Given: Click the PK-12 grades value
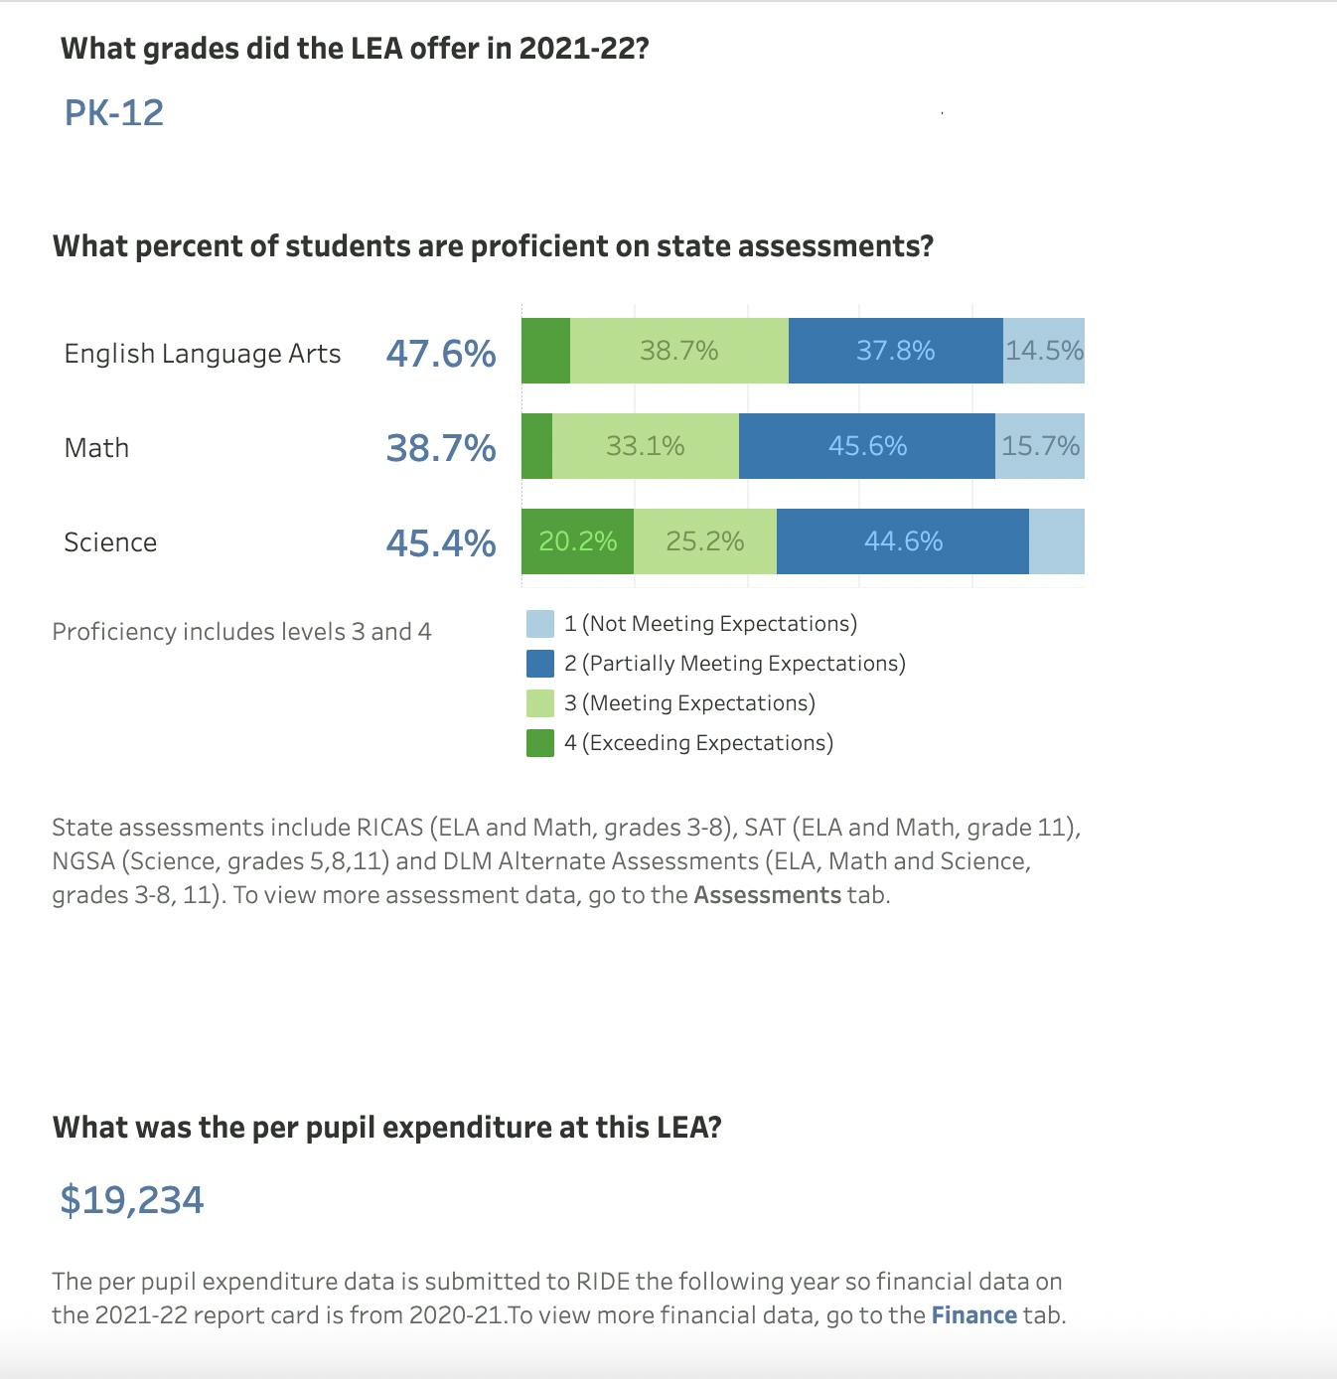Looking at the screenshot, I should coord(114,113).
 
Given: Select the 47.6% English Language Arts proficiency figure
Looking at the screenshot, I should coord(441,354).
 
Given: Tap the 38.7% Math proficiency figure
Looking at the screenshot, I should coord(441,448).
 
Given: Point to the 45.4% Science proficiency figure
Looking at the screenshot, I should coord(441,543).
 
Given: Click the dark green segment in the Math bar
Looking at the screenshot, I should coord(536,446).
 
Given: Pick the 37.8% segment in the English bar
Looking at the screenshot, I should coord(895,351).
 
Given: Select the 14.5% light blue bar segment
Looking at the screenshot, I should coord(1044,351).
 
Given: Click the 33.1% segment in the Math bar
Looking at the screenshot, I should coord(646,446).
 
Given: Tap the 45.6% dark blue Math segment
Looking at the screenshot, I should coord(867,446).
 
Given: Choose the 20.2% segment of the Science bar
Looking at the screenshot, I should coord(577,541).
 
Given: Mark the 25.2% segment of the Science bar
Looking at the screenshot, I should coord(705,541).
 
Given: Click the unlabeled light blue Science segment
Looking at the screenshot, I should coord(1057,541).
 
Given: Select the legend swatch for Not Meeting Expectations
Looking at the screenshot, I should coord(540,624).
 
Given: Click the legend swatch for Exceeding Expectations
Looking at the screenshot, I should coord(540,743).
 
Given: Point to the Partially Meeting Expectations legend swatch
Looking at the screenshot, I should coord(540,664).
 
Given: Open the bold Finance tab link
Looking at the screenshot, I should coord(973,1315).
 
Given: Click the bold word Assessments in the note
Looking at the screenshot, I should coord(767,895).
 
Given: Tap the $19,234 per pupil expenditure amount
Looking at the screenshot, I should coord(132,1200).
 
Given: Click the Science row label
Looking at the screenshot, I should coord(110,542).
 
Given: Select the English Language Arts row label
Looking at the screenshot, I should coord(203,354).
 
